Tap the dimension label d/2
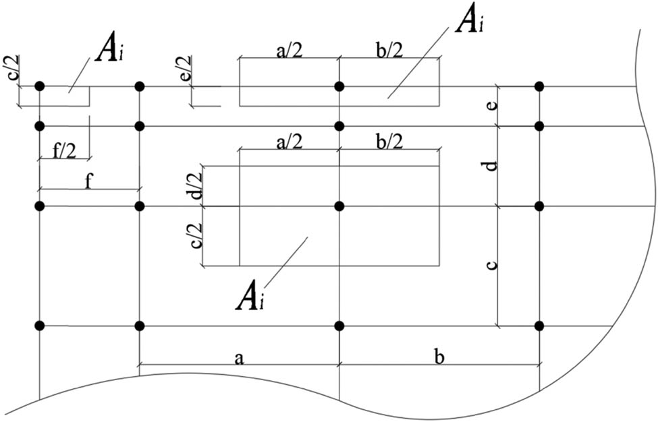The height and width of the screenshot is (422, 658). click(x=196, y=185)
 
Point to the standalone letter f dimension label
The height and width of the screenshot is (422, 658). click(x=89, y=181)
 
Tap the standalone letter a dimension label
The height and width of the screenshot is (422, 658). click(x=238, y=357)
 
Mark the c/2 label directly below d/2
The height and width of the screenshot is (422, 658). click(x=196, y=236)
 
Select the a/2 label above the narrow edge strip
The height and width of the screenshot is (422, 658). click(x=289, y=51)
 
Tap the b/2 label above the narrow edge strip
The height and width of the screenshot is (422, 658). click(x=389, y=51)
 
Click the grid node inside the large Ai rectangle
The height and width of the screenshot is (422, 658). click(x=339, y=206)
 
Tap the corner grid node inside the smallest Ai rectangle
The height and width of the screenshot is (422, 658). click(x=40, y=86)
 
